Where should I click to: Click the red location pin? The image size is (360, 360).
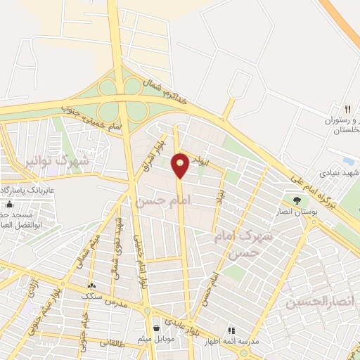181,165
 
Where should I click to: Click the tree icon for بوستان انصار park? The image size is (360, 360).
296,200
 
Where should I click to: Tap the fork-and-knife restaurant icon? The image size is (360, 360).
347,108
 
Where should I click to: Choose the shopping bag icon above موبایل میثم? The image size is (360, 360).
155,327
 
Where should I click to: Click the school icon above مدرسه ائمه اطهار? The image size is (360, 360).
230,330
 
